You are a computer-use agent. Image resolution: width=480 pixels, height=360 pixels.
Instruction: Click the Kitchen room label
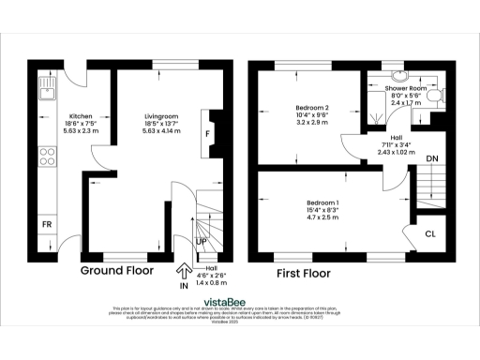pyautogui.click(x=54, y=116)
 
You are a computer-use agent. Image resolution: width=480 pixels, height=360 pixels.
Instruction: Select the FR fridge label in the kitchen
pyautogui.click(x=46, y=224)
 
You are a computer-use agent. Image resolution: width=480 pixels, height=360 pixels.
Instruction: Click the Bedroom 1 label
pyautogui.click(x=323, y=203)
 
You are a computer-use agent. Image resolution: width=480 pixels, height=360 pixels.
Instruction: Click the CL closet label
pyautogui.click(x=431, y=234)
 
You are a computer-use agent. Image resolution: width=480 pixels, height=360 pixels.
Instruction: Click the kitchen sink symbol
pyautogui.click(x=46, y=90)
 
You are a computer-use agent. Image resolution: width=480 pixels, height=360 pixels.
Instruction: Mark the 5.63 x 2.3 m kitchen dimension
pyautogui.click(x=54, y=132)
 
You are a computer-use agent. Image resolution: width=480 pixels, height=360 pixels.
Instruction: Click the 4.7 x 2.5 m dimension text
pyautogui.click(x=323, y=219)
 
